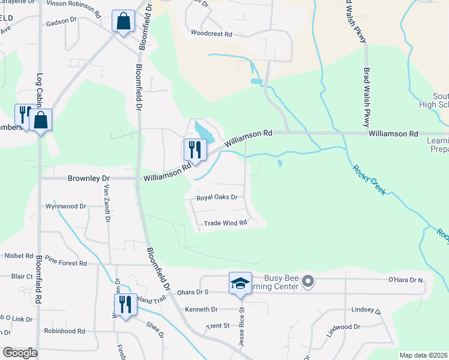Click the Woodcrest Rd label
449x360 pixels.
click(211, 34)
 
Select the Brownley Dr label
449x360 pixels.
click(89, 179)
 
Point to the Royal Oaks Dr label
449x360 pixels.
click(217, 197)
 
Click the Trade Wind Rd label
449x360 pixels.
click(226, 223)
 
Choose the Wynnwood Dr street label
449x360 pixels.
click(66, 206)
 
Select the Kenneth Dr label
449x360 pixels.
click(201, 310)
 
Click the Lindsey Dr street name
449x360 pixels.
click(366, 310)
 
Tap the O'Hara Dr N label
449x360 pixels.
click(406, 280)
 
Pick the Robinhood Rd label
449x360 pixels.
click(64, 331)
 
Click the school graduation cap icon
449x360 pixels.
click(240, 283)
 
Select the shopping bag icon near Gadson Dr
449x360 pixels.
click(123, 21)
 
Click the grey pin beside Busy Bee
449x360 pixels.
click(308, 280)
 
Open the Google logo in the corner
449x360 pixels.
click(20, 353)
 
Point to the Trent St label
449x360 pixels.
click(218, 326)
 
